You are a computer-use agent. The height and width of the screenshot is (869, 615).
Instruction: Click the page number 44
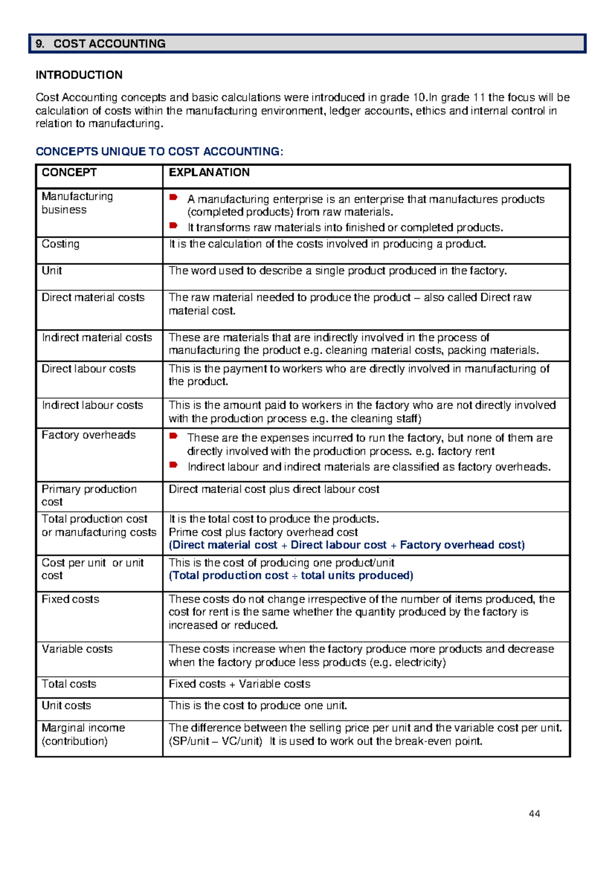pos(534,814)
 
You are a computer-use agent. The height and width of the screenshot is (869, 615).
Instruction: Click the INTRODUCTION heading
pos(79,75)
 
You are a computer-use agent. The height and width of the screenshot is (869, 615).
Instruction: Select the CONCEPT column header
pos(69,173)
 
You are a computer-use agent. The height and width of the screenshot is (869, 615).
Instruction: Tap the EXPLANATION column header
pos(209,173)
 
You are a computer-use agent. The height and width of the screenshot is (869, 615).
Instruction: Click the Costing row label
pos(60,244)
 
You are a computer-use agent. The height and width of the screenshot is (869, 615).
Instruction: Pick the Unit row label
pos(52,271)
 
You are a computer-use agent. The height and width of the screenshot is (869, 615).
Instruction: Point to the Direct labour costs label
pos(89,369)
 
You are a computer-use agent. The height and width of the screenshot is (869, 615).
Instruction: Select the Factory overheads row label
pos(89,435)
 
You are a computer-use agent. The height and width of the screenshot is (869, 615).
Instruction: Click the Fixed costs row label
pos(70,599)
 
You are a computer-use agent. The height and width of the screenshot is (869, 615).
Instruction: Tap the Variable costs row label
pos(77,649)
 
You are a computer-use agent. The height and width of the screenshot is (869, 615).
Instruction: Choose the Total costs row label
pos(69,684)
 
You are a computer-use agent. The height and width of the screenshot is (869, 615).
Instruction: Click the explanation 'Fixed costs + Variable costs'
pos(239,684)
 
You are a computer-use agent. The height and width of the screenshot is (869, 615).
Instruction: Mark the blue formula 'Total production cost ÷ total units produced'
pos(291,575)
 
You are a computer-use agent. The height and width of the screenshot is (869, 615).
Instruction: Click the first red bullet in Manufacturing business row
pos(174,197)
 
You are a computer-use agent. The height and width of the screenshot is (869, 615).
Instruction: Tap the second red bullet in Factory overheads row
pos(174,465)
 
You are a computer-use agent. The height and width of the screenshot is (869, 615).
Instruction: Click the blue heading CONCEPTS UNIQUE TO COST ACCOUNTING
pos(159,152)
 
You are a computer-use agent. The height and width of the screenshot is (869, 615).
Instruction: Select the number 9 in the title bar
pos(39,44)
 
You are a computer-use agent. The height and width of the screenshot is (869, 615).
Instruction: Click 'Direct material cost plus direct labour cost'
pos(274,489)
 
